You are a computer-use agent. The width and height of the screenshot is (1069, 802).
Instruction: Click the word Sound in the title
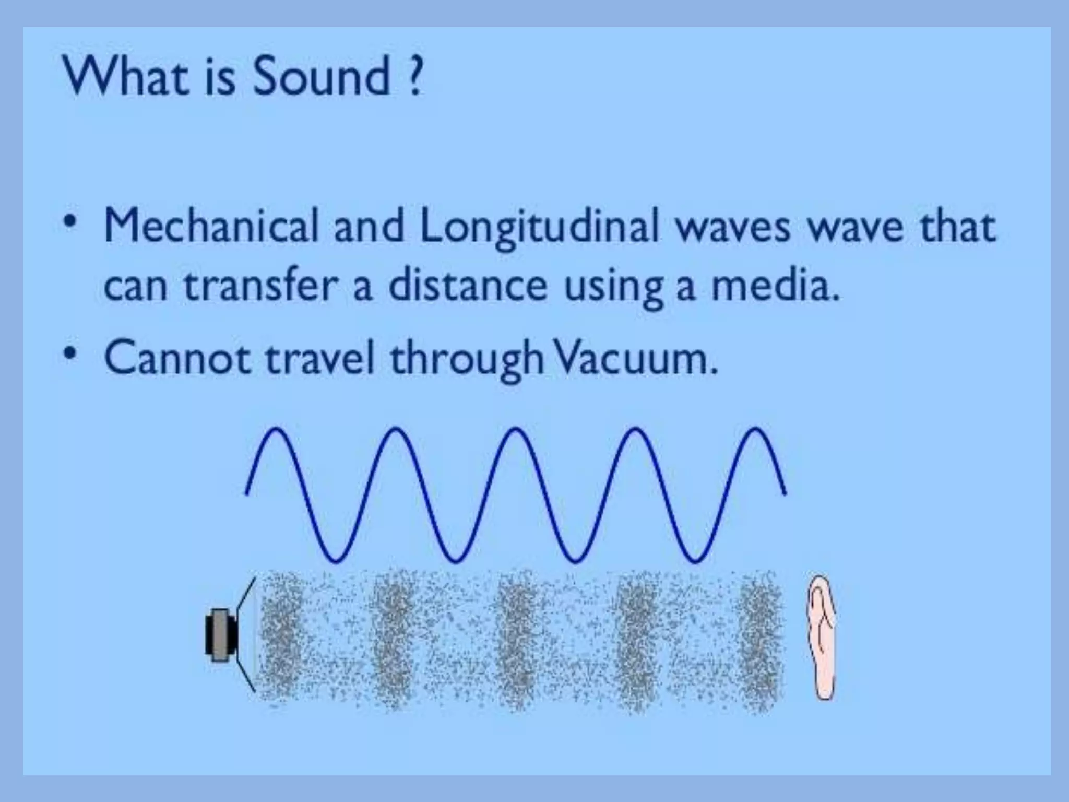click(321, 77)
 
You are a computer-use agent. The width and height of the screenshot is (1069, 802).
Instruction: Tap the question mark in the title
click(413, 77)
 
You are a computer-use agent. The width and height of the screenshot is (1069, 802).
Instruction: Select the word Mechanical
click(211, 226)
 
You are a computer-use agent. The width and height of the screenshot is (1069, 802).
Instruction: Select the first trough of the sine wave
click(336, 560)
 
